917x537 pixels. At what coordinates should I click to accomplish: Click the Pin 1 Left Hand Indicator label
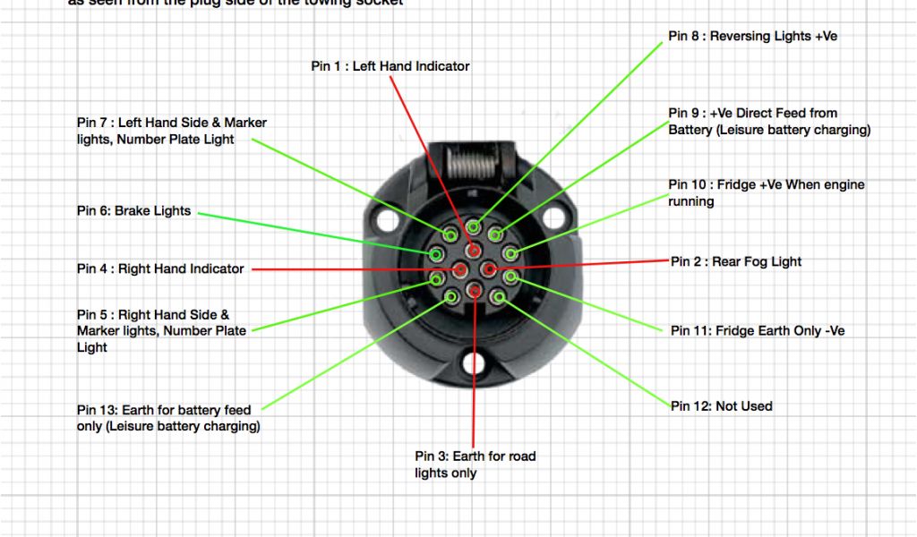tap(390, 66)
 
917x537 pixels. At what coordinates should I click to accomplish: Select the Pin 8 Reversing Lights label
tap(752, 37)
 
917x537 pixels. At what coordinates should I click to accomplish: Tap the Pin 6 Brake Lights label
tap(134, 211)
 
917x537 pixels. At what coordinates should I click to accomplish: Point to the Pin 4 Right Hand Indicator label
tap(160, 268)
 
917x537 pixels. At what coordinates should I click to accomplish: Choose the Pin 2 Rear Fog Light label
tap(736, 261)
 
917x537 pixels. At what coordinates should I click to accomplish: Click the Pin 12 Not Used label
tap(722, 405)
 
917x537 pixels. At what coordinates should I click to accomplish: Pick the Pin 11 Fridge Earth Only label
tap(758, 330)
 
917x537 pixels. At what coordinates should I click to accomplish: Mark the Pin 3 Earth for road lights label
tap(475, 464)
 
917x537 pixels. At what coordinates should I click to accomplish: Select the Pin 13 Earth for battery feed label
tap(168, 418)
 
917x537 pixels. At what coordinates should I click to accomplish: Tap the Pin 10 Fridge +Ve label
tap(767, 192)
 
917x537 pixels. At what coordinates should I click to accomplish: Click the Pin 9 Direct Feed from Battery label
tap(768, 122)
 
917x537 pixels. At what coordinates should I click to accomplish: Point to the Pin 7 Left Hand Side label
tap(172, 131)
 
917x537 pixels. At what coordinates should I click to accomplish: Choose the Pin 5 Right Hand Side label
tap(161, 330)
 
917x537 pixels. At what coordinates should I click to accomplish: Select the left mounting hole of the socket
tap(385, 219)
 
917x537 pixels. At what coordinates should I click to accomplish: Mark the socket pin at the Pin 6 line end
tap(436, 255)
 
